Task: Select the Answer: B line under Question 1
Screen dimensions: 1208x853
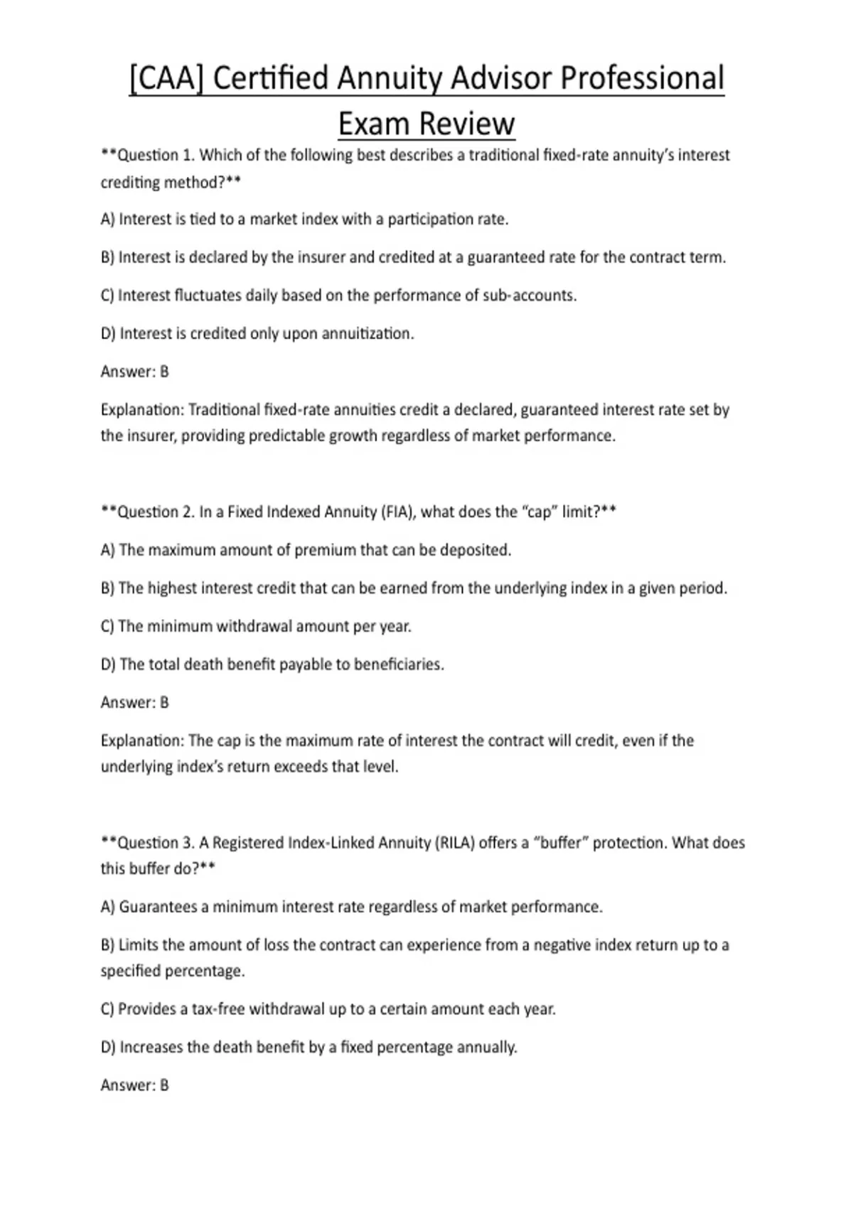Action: pyautogui.click(x=135, y=372)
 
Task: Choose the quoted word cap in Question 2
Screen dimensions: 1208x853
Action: pyautogui.click(x=538, y=512)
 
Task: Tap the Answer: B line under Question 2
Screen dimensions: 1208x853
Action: pyautogui.click(x=135, y=703)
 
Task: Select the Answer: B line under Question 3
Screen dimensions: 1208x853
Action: pyautogui.click(x=135, y=1085)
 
